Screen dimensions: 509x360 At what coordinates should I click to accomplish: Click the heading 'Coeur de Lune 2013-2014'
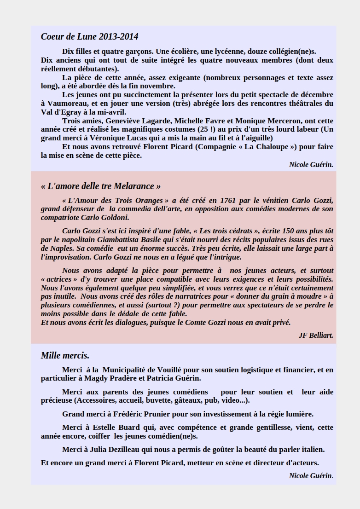pyautogui.click(x=89, y=37)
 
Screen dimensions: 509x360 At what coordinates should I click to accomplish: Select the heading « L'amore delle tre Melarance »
pyautogui.click(x=101, y=186)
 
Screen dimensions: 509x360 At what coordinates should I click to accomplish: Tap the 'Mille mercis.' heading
pyautogui.click(x=65, y=356)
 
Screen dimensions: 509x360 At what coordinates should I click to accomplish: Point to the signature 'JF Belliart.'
pyautogui.click(x=316, y=335)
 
